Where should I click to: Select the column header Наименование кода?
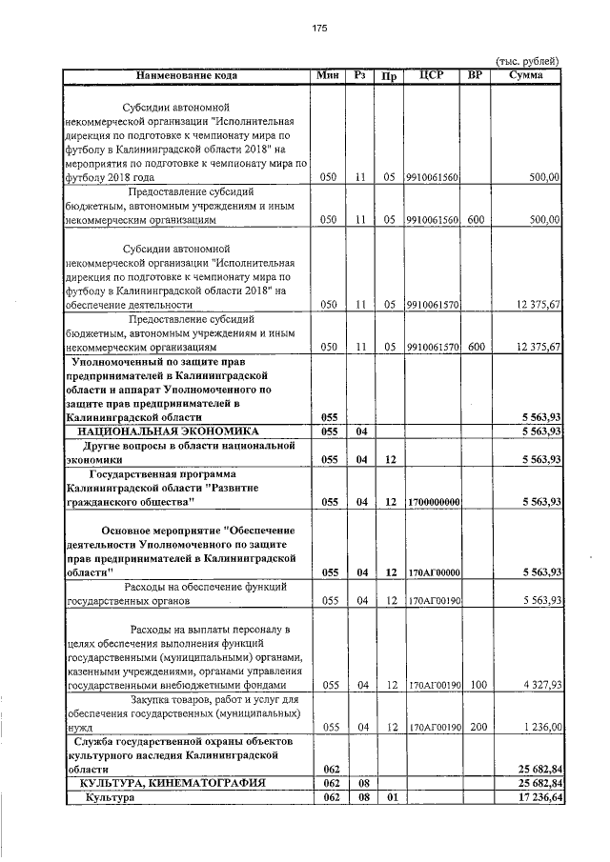(186, 74)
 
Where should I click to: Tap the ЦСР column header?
(432, 74)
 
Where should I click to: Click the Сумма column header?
(526, 74)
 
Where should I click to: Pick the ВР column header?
(476, 74)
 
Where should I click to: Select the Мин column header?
(329, 74)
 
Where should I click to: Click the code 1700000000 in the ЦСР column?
(433, 501)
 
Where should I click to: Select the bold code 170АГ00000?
(433, 572)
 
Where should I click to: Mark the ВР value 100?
(478, 685)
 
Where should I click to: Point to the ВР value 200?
(478, 727)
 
